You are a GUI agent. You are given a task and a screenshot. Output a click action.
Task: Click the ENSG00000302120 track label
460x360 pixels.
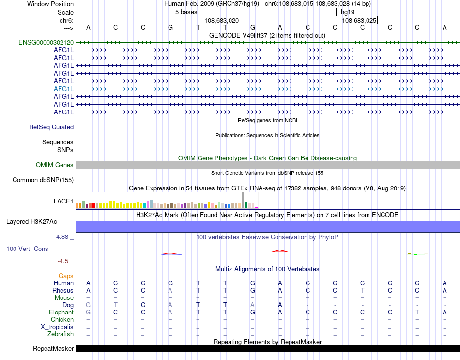pos(46,43)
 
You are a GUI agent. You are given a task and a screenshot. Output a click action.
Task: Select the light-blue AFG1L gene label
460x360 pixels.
pos(63,89)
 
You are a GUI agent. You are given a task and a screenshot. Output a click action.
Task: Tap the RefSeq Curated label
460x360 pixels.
pos(51,127)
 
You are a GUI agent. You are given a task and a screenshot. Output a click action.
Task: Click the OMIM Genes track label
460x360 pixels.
pos(55,165)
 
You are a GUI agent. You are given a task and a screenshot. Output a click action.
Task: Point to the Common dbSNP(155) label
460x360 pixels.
pos(43,180)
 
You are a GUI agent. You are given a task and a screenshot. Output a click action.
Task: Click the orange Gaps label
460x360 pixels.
pos(66,276)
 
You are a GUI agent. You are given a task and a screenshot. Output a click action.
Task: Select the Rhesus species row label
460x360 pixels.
pos(63,291)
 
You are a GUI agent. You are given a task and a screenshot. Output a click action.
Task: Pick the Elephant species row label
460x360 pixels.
pos(61,313)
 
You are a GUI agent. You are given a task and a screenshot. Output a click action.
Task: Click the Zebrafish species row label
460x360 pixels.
pos(61,334)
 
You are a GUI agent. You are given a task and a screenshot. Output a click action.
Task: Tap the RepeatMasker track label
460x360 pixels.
pos(53,349)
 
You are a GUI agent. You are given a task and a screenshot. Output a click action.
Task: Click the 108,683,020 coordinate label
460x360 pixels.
pos(222,21)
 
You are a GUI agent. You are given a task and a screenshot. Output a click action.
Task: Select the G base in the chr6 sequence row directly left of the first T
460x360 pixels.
pos(170,28)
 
